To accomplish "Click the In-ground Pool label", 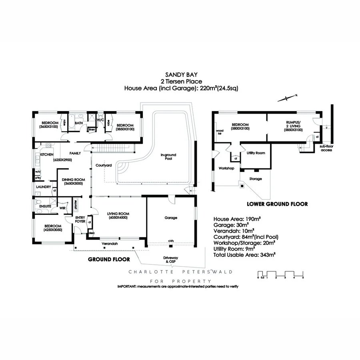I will (168, 157).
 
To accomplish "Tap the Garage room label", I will (171, 218).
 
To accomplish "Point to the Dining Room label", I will (72, 181).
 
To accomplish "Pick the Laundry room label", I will (43, 187).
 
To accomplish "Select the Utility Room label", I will (256, 153).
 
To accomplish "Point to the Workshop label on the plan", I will (226, 168).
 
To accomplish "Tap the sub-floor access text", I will (326, 148).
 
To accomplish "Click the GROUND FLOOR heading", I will (109, 259).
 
